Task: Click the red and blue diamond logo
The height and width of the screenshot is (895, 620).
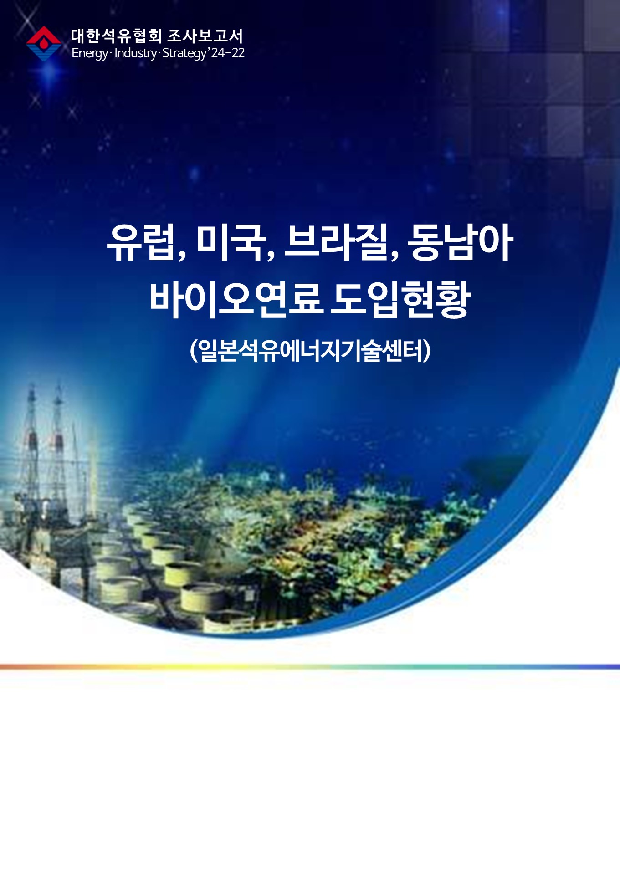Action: click(44, 44)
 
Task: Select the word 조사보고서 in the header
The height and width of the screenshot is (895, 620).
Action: click(205, 36)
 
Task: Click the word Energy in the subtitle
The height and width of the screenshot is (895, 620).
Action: click(89, 54)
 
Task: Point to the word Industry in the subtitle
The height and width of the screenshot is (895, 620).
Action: click(135, 54)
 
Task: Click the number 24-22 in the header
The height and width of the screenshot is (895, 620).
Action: click(228, 53)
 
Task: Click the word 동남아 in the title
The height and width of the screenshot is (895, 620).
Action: click(460, 242)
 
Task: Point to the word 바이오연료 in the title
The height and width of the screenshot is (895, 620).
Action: click(236, 300)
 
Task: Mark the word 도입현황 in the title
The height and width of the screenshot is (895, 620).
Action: click(400, 300)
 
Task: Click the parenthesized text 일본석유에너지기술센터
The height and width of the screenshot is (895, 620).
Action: click(310, 351)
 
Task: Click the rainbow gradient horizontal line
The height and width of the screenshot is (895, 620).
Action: click(310, 667)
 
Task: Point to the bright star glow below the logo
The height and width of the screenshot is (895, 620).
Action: click(50, 73)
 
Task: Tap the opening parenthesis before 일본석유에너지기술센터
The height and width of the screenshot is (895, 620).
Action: click(194, 351)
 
